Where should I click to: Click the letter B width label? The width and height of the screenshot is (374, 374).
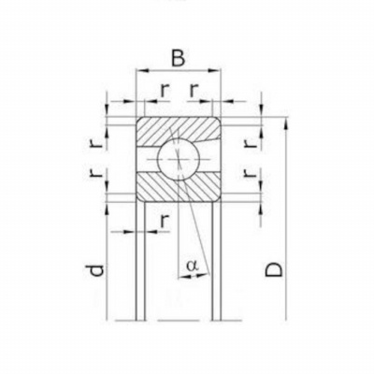click(178, 58)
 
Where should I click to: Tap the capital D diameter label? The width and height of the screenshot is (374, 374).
click(274, 269)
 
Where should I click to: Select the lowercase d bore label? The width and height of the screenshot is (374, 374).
click(94, 270)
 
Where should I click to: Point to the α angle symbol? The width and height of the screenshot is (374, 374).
click(192, 266)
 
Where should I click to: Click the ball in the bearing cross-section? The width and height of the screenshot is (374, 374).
click(179, 159)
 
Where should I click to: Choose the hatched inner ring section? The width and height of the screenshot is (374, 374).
click(179, 186)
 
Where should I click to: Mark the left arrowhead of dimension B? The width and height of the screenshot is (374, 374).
click(142, 71)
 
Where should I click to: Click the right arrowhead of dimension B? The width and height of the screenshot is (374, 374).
click(214, 71)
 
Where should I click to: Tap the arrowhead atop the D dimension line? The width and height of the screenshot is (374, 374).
click(286, 123)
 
